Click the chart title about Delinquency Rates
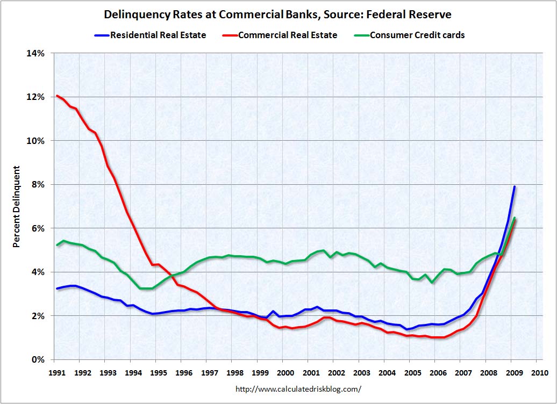tap(278, 15)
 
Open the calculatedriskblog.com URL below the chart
tap(299, 388)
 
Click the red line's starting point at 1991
tap(57, 96)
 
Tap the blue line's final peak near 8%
tap(515, 187)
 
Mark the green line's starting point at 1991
tap(57, 245)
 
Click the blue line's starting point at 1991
tap(57, 288)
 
